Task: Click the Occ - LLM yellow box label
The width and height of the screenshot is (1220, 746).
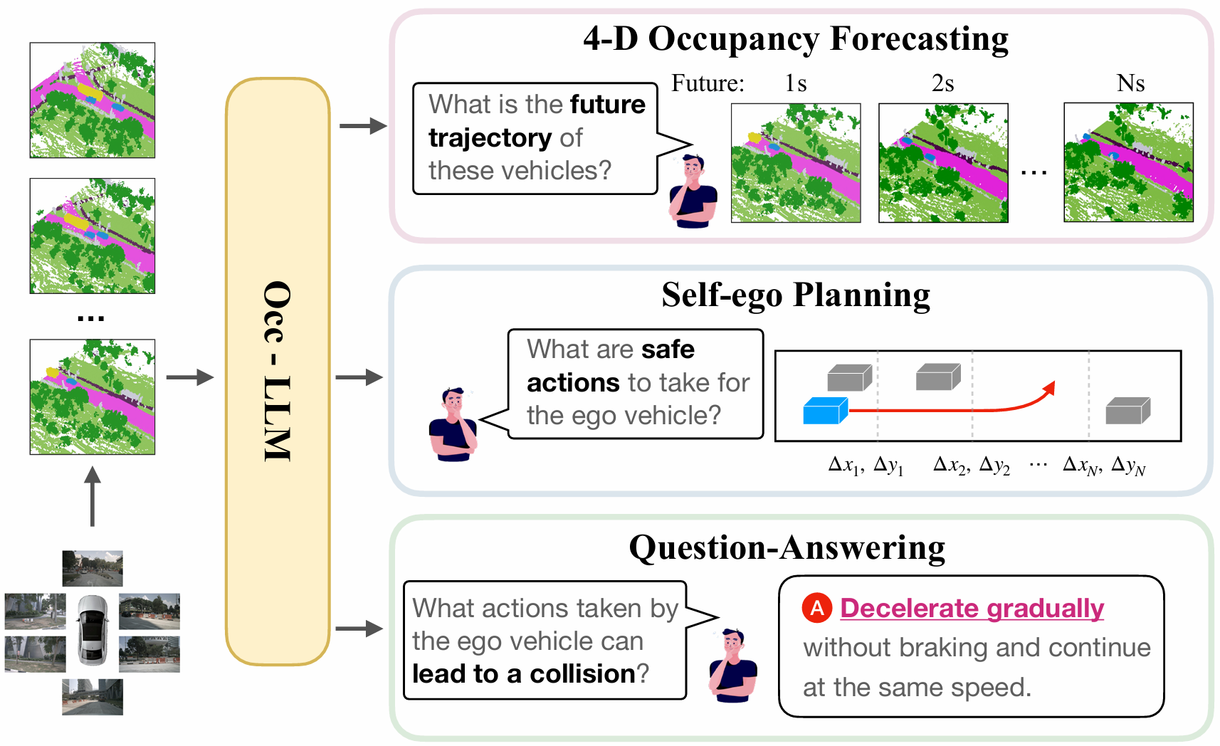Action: coord(278,372)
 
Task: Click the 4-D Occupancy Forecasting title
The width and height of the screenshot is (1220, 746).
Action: coord(795,39)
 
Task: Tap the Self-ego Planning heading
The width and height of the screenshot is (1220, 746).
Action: coord(795,295)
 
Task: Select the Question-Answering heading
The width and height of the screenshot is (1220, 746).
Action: coord(787,548)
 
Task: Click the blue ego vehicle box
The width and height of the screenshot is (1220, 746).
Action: coord(825,411)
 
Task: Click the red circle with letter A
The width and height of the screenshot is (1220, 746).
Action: coord(817,608)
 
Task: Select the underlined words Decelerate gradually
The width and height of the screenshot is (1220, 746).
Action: coord(972,609)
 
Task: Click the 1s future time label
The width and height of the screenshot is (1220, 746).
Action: coord(796,84)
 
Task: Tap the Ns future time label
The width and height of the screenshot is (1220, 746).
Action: coord(1130,84)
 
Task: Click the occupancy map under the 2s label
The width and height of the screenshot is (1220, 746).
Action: coord(943,163)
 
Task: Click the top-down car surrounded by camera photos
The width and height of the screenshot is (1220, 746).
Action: coord(93,630)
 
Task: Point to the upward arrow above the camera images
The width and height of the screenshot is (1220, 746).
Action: coord(93,496)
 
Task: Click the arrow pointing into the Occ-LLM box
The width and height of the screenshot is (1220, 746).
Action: coord(190,377)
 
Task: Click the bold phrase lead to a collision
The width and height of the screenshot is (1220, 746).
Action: coord(524,674)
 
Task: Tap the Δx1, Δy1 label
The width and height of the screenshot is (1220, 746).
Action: coord(866,466)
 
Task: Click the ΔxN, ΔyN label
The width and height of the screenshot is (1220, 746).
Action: coord(1103,466)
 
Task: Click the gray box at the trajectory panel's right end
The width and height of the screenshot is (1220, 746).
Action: coord(1127,411)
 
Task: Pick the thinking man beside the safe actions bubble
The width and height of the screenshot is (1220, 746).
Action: coord(453,425)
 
